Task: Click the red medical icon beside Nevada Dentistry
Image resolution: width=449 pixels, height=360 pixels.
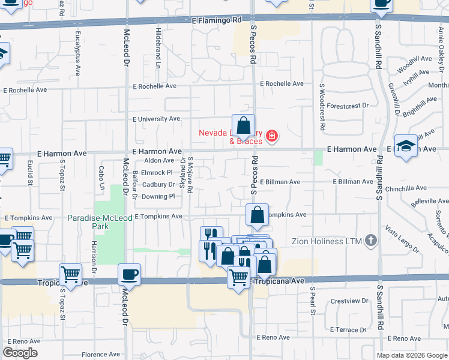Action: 272,137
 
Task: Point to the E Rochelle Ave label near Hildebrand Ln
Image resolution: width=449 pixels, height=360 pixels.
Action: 154,86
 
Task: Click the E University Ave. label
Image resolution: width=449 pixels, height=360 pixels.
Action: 157,119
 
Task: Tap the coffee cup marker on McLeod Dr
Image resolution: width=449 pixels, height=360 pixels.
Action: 130,275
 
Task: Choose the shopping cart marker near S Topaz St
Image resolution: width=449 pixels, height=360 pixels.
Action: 70,275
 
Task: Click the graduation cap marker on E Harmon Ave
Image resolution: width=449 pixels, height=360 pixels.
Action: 406,146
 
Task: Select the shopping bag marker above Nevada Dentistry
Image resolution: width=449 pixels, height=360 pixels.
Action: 243,126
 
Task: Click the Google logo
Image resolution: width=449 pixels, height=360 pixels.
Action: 20,353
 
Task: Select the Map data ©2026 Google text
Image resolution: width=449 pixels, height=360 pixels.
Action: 411,355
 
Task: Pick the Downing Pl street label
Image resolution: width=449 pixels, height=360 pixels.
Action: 158,196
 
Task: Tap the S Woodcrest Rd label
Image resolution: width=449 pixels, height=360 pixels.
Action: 322,107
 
